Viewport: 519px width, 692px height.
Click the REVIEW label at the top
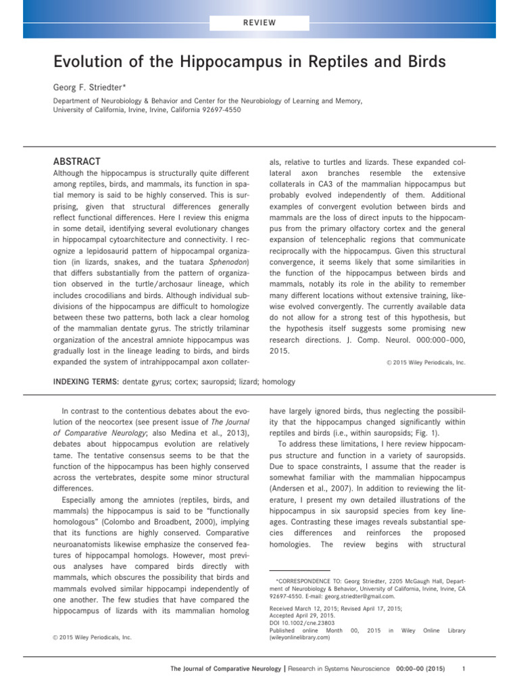click(259, 22)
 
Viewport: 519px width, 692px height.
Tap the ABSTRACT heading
click(77, 162)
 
